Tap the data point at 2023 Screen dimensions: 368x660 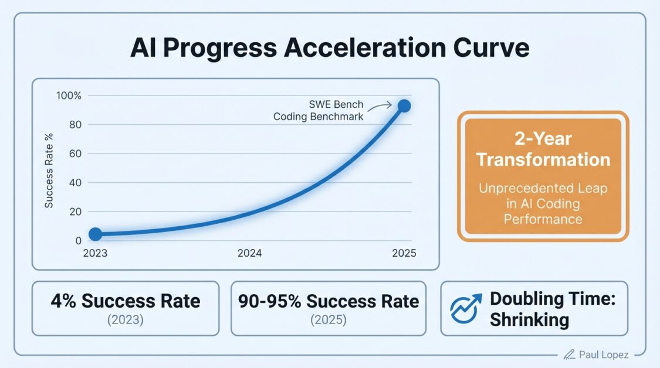(95, 234)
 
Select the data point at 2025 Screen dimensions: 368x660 (404, 106)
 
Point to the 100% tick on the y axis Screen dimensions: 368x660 (70, 96)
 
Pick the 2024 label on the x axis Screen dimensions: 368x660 (249, 254)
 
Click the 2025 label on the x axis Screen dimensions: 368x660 (404, 254)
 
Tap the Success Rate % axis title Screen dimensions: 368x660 (50, 171)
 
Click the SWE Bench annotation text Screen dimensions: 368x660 (336, 105)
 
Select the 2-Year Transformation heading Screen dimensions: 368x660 (543, 149)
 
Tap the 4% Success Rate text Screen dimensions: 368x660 (125, 301)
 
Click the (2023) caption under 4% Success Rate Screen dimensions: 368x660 (125, 320)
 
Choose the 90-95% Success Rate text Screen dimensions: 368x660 (329, 301)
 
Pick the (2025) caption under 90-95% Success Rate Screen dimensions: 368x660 (329, 320)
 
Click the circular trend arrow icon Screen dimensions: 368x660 (466, 309)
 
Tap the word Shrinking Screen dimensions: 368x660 (529, 320)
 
